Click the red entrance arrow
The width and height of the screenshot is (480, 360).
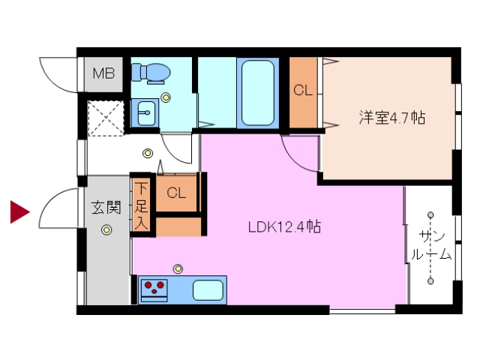click(x=19, y=212)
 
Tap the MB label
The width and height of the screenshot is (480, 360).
click(x=103, y=73)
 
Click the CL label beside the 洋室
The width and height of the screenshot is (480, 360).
click(x=303, y=91)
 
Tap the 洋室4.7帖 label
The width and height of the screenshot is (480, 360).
click(x=392, y=118)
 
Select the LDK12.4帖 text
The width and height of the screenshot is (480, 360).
click(x=285, y=226)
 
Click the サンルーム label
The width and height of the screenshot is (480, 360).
click(x=430, y=245)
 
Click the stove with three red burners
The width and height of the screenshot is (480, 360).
click(x=154, y=289)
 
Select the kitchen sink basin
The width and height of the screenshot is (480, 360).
click(x=208, y=289)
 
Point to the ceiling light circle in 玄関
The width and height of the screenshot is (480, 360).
click(x=107, y=229)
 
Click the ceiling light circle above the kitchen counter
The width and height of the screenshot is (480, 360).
click(x=178, y=268)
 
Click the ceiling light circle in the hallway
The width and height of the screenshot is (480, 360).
click(x=148, y=154)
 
